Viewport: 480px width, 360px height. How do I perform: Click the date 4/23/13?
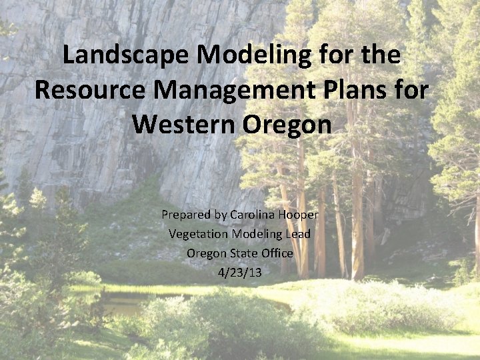click(x=239, y=272)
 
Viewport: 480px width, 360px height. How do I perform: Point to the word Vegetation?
click(x=197, y=234)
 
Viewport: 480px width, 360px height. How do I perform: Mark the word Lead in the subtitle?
click(x=298, y=234)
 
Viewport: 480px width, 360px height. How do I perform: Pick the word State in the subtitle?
click(x=243, y=253)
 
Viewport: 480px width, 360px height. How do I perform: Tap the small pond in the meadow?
click(x=127, y=304)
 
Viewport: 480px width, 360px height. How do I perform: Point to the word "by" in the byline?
click(x=219, y=215)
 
